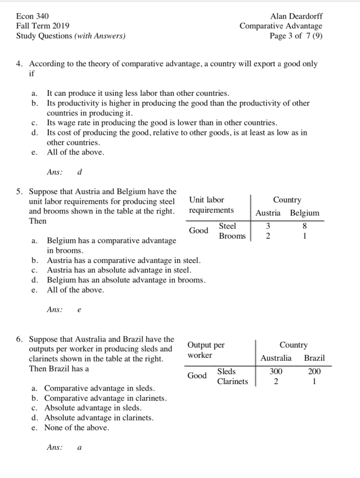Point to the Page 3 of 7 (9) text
296,36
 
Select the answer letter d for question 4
80,172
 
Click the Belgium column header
304,213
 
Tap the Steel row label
227,226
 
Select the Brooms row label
232,236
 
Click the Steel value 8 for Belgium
304,227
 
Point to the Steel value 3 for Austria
268,227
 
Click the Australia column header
276,358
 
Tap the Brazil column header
314,358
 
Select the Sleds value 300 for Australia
276,372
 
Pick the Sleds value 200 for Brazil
315,372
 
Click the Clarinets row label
233,382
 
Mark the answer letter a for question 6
80,448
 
